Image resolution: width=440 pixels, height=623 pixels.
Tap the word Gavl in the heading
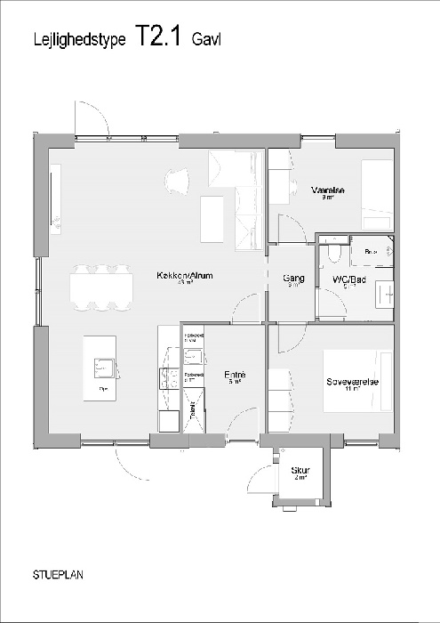click(x=207, y=39)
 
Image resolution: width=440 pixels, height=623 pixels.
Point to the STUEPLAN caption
click(x=60, y=574)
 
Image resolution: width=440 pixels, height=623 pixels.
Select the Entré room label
click(x=234, y=376)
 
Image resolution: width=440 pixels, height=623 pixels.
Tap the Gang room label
click(x=293, y=279)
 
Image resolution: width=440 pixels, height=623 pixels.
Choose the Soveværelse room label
click(x=353, y=382)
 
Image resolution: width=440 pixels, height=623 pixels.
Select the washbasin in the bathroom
click(x=384, y=292)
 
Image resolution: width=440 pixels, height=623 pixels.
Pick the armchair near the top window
click(x=178, y=180)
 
